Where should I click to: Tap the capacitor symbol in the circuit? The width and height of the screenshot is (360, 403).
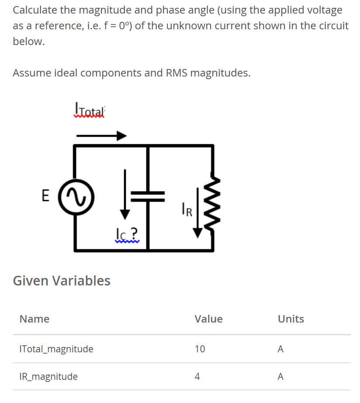coord(148,197)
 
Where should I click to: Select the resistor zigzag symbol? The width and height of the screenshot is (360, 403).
coord(212,203)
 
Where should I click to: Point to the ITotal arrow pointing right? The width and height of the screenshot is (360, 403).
coord(101,135)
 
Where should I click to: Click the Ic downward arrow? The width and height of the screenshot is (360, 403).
coord(125,195)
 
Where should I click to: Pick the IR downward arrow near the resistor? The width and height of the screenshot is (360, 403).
coord(197,213)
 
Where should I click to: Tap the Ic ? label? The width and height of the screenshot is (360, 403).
coord(127,234)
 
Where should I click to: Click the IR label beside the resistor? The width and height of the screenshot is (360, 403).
coord(187,210)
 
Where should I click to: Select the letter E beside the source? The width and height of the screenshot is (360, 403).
coord(45,195)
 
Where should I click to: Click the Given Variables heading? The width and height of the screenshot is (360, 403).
coord(62,281)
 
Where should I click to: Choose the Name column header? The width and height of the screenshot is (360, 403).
coord(35,319)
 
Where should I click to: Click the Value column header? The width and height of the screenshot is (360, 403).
coord(209,319)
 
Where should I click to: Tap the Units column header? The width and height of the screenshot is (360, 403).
coord(291,319)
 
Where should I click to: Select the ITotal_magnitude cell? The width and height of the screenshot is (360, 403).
coord(56,349)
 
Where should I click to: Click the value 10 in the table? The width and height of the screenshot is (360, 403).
coord(200,349)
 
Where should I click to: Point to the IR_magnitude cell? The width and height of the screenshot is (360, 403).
coord(48,376)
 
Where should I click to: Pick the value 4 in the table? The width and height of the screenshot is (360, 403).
coord(197,376)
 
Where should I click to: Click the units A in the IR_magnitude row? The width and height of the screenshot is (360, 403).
coord(280,376)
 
